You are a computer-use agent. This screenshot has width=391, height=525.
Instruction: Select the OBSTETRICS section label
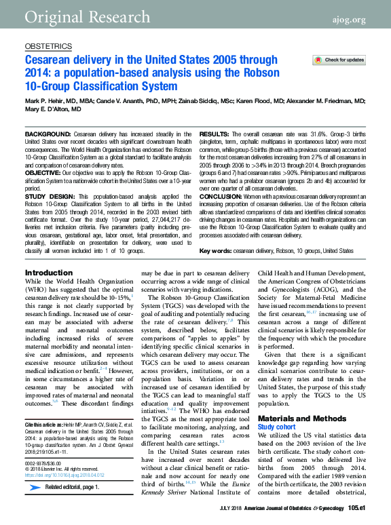pyautogui.click(x=48, y=46)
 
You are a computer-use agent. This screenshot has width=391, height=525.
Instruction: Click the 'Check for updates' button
pyautogui.click(x=339, y=60)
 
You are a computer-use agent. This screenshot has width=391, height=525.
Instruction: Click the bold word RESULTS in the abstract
pyautogui.click(x=215, y=134)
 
